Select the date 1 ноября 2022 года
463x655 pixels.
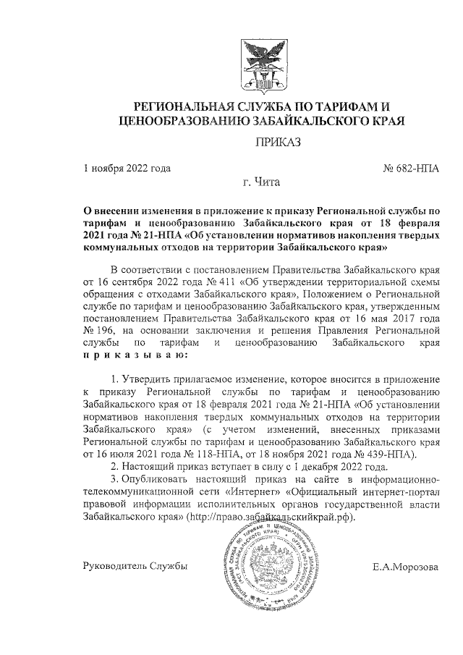(127, 169)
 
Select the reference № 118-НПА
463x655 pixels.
(218, 455)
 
